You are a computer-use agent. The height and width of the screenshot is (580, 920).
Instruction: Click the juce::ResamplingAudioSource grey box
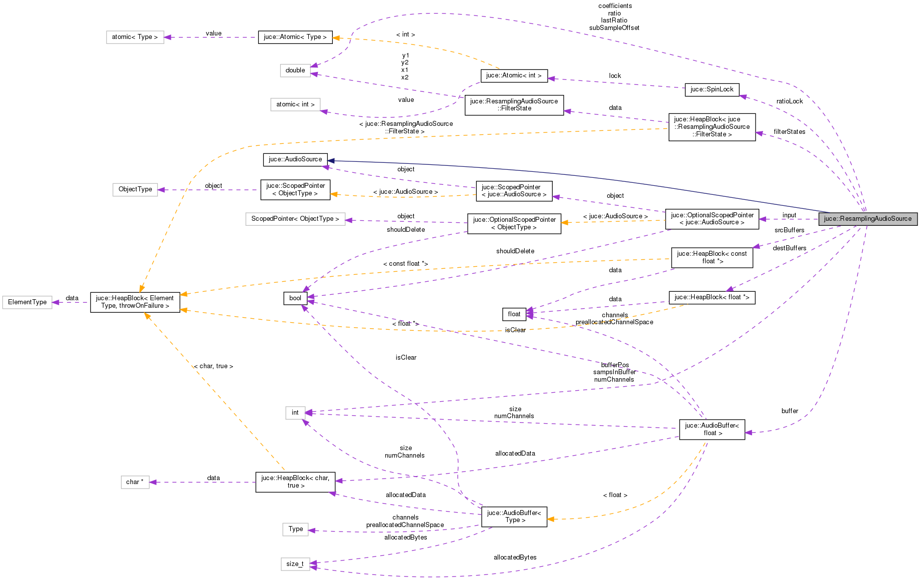868,219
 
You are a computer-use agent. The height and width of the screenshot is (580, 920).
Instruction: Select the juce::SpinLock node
712,89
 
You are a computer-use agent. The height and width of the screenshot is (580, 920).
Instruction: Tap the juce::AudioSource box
295,159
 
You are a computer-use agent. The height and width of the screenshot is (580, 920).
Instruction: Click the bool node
295,298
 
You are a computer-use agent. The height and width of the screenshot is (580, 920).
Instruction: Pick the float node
514,314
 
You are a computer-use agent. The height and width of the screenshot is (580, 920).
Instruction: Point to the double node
295,70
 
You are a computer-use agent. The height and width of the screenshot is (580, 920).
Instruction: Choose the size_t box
295,564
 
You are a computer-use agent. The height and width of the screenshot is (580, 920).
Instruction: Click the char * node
135,482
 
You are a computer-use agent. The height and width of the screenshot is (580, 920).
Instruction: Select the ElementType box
27,302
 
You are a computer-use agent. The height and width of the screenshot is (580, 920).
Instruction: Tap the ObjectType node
135,189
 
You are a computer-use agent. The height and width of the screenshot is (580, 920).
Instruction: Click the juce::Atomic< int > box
514,75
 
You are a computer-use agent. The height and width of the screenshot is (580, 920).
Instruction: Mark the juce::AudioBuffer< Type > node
514,517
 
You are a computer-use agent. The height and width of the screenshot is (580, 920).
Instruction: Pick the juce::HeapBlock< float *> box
712,297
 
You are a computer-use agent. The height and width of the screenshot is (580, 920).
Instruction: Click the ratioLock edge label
790,101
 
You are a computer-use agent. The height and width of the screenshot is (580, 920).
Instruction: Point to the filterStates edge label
790,132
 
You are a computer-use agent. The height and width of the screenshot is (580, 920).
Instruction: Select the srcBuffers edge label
790,230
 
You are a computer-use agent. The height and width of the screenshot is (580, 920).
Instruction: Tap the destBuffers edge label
790,248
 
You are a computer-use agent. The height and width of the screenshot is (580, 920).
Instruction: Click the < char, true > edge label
213,366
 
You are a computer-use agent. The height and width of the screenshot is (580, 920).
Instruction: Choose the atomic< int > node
295,104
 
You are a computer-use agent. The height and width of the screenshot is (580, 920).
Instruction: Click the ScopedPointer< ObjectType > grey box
295,219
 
